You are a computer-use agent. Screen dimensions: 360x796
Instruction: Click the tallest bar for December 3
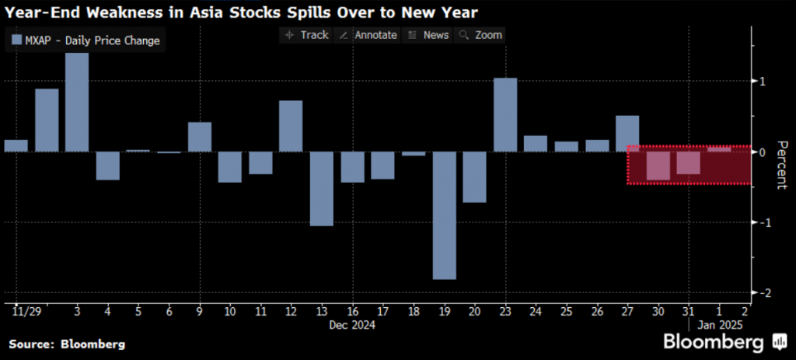(x=76, y=102)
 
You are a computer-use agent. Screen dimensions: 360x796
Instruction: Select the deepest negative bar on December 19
(x=444, y=215)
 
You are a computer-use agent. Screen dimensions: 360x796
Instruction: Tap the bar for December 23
(x=505, y=115)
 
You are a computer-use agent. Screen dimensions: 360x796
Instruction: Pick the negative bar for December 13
(x=321, y=188)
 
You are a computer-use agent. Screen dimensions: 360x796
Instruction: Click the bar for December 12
(x=291, y=126)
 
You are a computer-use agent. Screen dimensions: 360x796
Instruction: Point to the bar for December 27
(x=627, y=133)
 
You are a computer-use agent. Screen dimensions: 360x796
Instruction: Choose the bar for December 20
(x=474, y=177)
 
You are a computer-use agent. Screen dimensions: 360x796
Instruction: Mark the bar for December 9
(x=200, y=137)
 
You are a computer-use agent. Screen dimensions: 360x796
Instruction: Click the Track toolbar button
(x=307, y=35)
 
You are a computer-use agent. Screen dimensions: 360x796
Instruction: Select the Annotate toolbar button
(x=369, y=35)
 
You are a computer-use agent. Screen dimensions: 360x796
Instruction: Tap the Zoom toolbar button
(x=481, y=35)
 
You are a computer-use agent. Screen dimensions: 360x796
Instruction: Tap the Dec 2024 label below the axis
(x=351, y=326)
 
